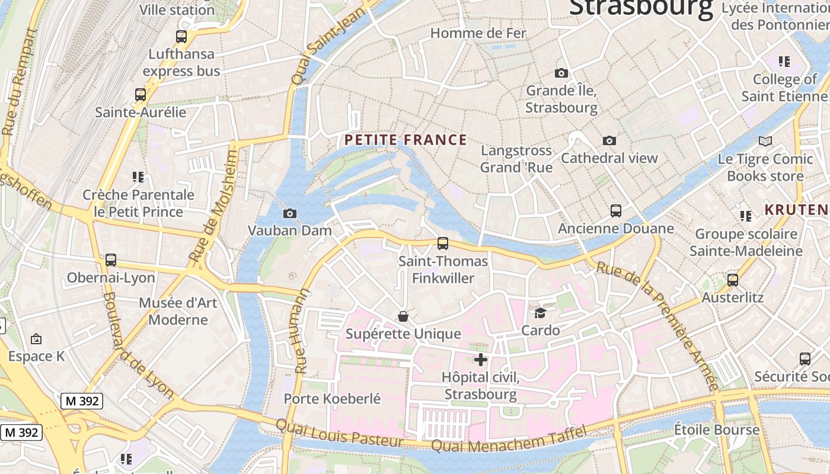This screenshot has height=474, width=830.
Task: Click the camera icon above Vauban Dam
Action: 290,214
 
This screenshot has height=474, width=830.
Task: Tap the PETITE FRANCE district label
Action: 406,140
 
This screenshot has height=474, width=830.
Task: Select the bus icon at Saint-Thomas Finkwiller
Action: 442,244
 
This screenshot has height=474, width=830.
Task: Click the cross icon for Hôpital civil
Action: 481,360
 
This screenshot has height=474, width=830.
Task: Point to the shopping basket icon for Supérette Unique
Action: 403,316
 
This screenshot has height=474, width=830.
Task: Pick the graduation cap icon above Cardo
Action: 540,313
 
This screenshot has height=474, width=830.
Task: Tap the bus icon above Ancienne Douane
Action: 616,211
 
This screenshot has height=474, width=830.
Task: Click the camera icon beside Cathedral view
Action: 609,141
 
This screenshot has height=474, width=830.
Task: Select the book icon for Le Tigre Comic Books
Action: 765,142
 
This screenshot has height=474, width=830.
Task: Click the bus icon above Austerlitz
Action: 733,280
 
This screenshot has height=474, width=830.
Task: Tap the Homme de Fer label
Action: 478,33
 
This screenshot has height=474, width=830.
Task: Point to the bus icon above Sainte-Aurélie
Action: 141,95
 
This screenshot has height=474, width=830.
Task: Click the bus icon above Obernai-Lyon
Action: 111,260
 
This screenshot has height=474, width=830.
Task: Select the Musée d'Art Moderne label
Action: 178,311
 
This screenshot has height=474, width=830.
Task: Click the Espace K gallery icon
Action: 36,339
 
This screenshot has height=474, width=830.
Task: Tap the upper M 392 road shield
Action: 82,401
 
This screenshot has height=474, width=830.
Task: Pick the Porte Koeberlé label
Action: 332,399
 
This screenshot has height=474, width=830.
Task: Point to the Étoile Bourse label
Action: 717,430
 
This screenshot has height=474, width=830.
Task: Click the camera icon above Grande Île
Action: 561,73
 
